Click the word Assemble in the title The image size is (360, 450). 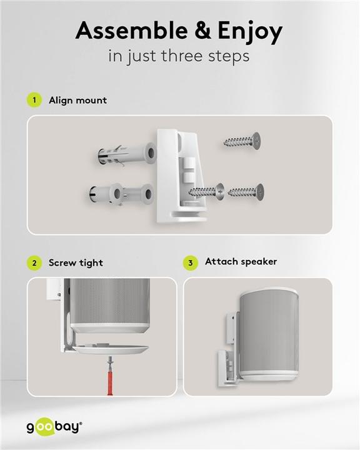coord(131,31)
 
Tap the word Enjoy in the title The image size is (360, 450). coord(250,32)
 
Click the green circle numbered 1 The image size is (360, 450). coord(34,100)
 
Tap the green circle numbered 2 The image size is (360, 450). coord(34,263)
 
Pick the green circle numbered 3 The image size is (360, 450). coord(191,263)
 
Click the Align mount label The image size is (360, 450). coord(77,101)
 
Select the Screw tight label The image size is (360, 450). coord(76,263)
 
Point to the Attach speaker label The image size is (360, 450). coord(241,262)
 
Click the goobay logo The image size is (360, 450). coord(54,427)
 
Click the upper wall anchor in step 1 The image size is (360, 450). coord(127,155)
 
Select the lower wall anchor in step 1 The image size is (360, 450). coord(121,194)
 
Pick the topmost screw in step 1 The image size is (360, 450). coord(242,141)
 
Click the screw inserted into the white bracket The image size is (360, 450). coord(206,192)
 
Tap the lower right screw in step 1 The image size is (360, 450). coord(246,192)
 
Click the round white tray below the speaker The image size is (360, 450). coord(110,349)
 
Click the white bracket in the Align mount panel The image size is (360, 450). coord(180,176)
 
